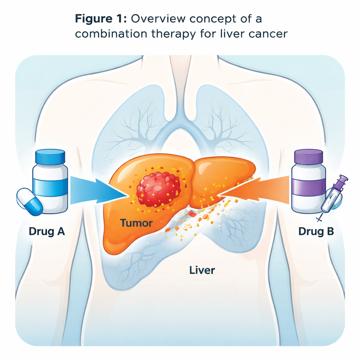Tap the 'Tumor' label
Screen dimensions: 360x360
[x=136, y=223]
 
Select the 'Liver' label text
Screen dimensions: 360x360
[x=202, y=270]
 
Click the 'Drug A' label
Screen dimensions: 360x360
[x=47, y=232]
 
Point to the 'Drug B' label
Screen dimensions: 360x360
[x=316, y=232]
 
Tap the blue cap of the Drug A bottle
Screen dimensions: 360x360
[x=51, y=157]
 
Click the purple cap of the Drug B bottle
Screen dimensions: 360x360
[x=308, y=157]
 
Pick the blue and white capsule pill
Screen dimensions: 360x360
[x=30, y=201]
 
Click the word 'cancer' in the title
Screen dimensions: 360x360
[x=268, y=34]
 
